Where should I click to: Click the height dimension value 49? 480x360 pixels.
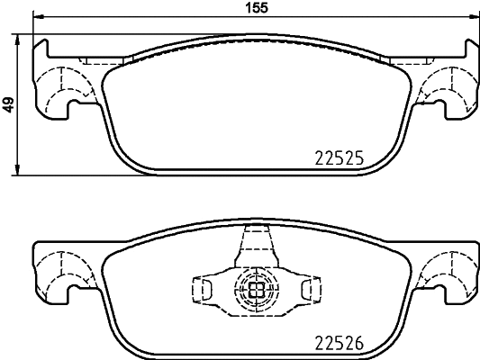coord(8,104)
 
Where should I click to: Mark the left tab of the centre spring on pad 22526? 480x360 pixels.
coord(203,289)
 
